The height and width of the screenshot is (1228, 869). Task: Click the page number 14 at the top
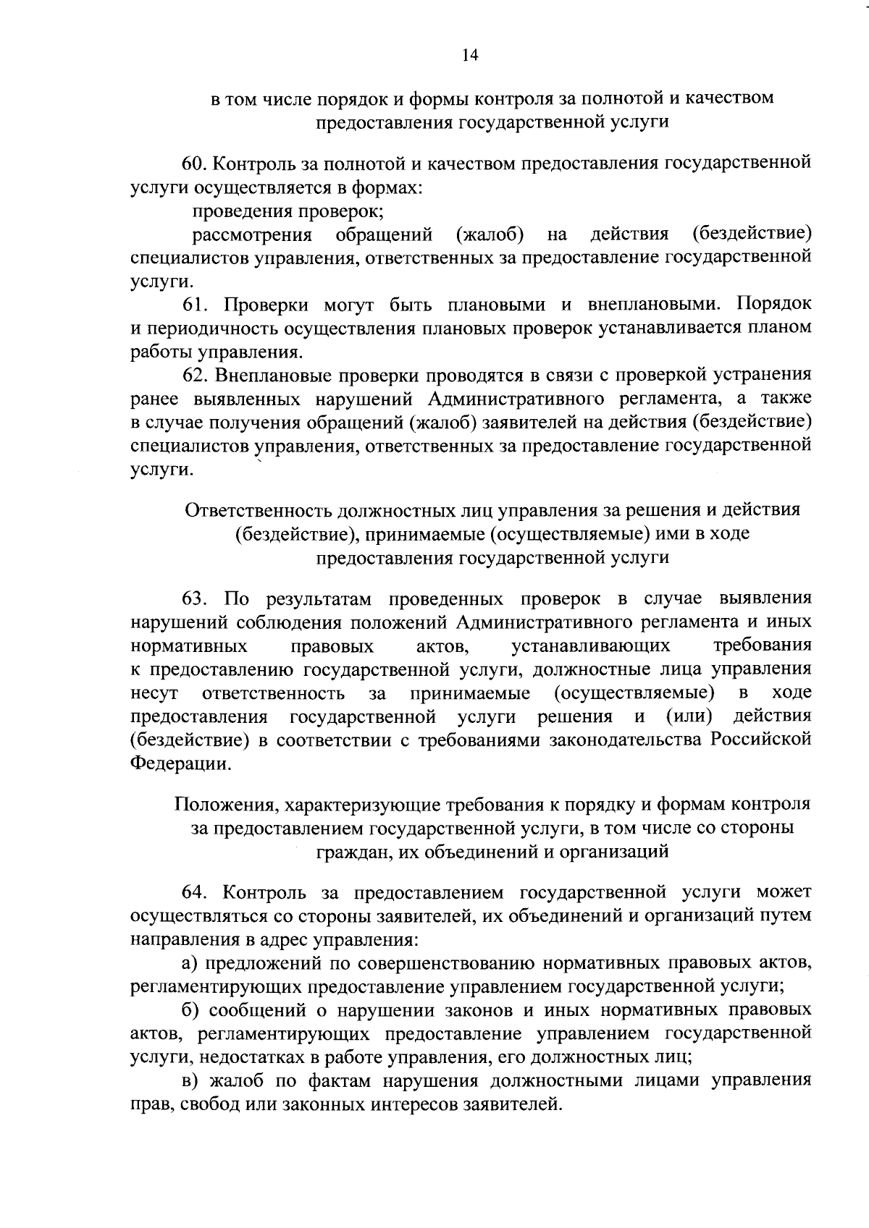(470, 56)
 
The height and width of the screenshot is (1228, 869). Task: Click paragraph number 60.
(194, 164)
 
